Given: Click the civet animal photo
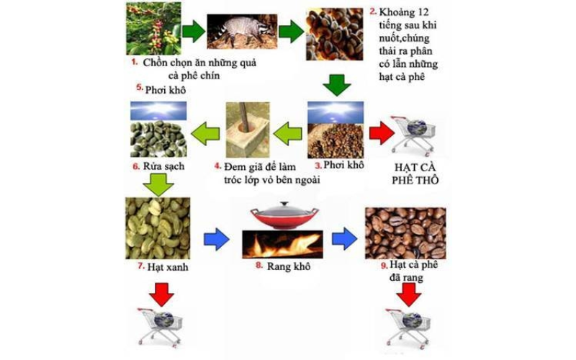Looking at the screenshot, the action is click(242, 31).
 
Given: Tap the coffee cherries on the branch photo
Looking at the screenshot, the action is click(153, 28).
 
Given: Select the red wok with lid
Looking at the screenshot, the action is click(284, 215).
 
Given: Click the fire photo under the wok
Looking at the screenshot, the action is click(282, 244).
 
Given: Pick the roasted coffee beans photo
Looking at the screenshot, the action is click(405, 233).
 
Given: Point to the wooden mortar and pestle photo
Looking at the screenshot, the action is click(248, 130).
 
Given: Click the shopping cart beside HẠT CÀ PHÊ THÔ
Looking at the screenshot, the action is click(413, 134).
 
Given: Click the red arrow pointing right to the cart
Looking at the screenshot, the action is click(382, 133).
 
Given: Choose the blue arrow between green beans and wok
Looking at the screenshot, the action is click(217, 240).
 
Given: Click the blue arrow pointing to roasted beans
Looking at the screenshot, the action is click(344, 239).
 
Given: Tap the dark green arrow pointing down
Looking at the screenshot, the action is click(337, 85).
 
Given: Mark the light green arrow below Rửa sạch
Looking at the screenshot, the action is click(158, 185).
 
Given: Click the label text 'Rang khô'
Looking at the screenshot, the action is click(289, 266).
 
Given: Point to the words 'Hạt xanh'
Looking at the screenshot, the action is click(168, 266).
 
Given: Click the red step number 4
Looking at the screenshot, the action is click(218, 166).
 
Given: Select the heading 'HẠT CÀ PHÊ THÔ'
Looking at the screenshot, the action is click(415, 174).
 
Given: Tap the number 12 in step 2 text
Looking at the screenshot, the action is click(423, 12).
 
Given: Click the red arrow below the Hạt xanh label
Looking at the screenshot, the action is click(161, 294).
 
